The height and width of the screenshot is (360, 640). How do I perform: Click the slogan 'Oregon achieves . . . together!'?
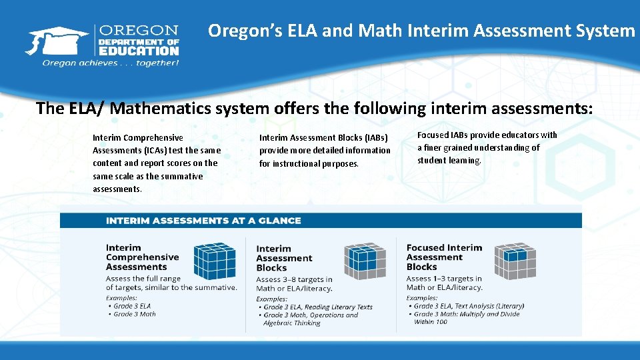click(x=111, y=63)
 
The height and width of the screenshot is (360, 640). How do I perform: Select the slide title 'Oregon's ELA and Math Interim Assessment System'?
click(x=421, y=31)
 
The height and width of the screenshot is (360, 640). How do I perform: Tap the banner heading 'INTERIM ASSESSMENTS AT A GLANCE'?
click(x=203, y=221)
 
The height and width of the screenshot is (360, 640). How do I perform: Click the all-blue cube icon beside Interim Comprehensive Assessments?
click(x=214, y=260)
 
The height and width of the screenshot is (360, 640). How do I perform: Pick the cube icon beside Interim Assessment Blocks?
click(x=365, y=261)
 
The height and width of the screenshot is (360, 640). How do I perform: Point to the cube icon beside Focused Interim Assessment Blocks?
click(x=515, y=261)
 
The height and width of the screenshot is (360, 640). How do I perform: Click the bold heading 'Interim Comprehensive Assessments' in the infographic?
click(x=142, y=257)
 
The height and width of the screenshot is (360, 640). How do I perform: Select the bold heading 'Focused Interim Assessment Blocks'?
click(x=444, y=257)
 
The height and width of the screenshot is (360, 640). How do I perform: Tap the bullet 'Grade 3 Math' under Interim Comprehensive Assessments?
click(x=134, y=314)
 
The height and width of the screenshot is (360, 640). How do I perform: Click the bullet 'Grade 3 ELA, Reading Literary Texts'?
click(x=317, y=307)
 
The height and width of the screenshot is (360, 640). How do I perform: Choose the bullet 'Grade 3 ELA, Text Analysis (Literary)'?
click(x=469, y=306)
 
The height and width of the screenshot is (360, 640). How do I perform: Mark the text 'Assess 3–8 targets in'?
click(x=294, y=279)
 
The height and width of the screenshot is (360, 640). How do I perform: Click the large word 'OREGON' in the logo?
click(x=139, y=31)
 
